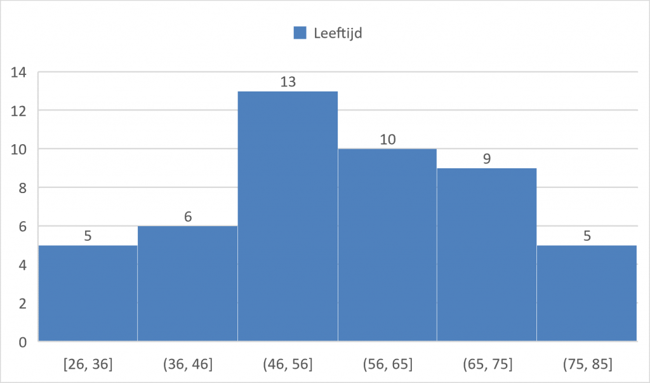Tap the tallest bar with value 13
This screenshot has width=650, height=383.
point(288,216)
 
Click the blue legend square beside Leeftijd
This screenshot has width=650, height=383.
point(300,33)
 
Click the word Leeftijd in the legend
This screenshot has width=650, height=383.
point(338,33)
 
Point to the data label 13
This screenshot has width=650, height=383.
point(288,82)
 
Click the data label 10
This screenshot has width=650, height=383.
point(387,139)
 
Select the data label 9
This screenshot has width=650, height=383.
point(487,159)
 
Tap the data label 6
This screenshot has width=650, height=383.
point(187,217)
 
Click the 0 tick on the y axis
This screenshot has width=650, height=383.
point(22,342)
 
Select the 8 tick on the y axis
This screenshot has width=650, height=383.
point(22,187)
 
